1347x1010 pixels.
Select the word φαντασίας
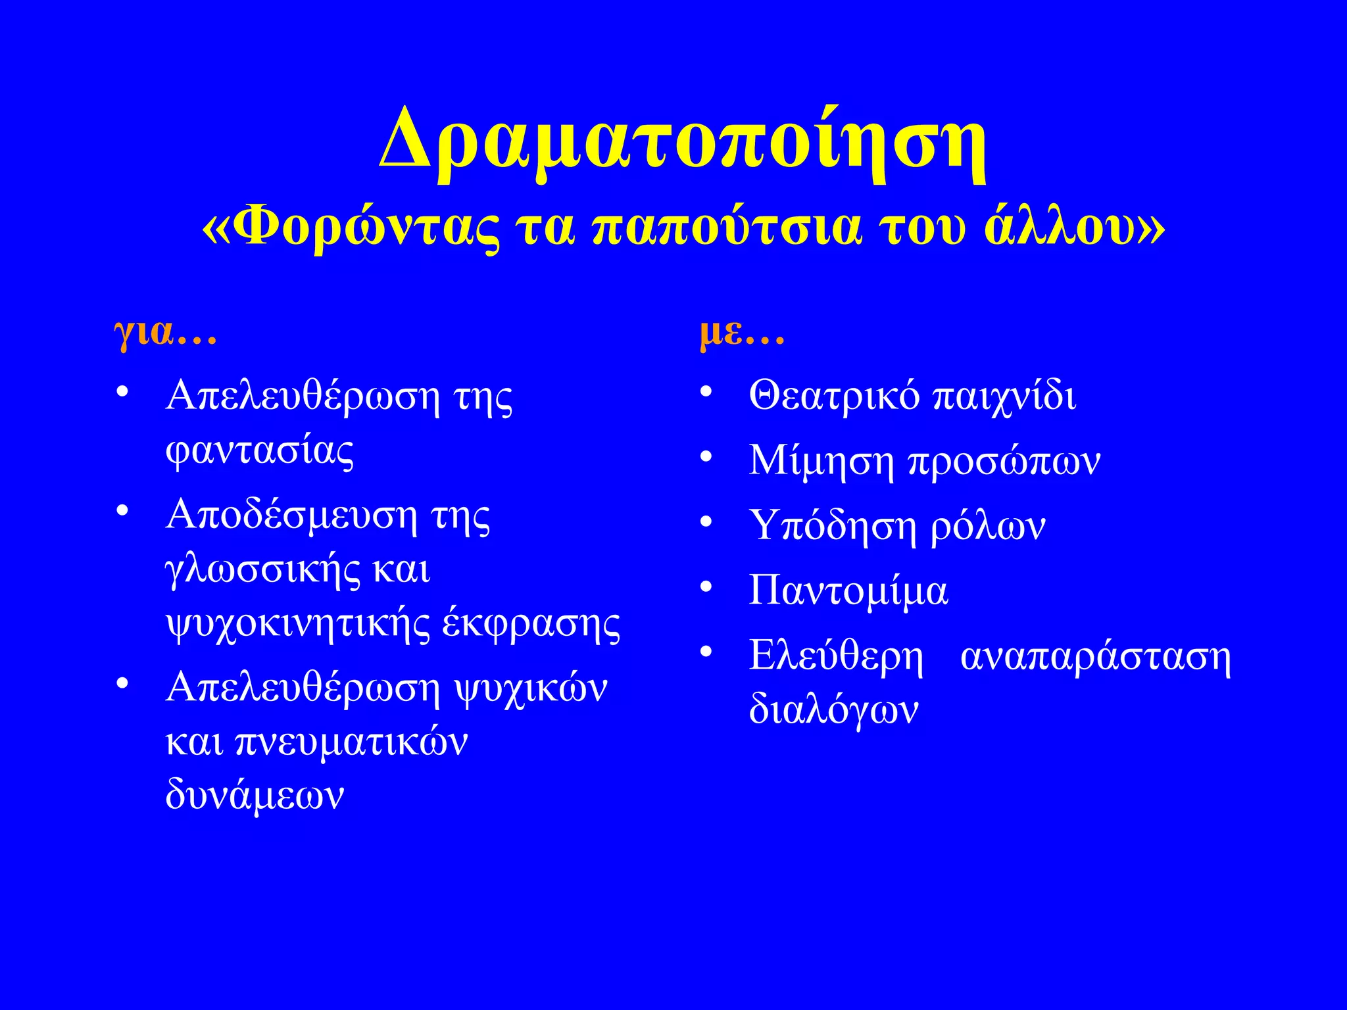260,452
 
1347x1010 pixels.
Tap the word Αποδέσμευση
291,515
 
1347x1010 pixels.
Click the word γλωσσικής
263,570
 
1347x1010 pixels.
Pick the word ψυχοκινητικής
298,624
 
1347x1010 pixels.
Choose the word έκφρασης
531,624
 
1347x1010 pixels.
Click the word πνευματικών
351,742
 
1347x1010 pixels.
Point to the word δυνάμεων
255,795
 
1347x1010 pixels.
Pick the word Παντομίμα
848,590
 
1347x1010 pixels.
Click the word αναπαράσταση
1095,656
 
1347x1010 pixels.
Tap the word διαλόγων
833,709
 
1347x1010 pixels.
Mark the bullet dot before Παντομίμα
706,586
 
